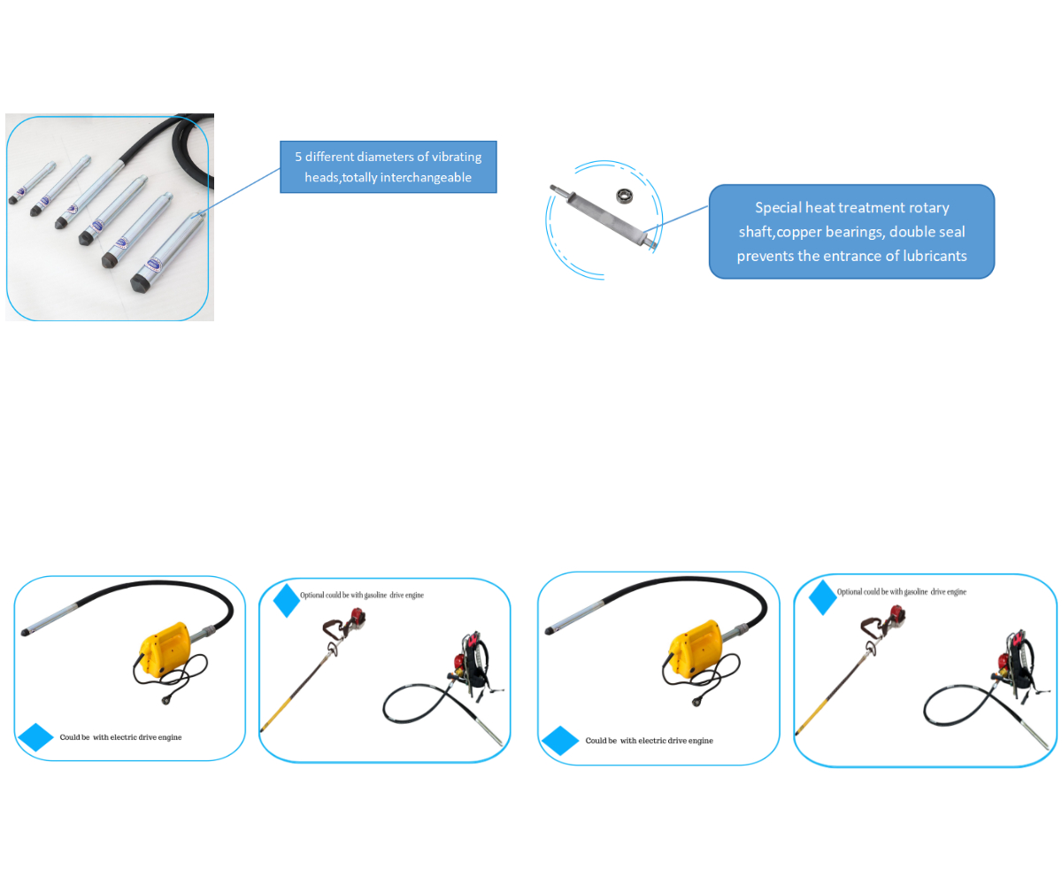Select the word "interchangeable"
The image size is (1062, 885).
[426, 177]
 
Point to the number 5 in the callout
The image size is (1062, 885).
[298, 157]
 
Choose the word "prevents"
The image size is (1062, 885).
[766, 256]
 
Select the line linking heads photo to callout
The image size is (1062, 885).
[243, 189]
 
